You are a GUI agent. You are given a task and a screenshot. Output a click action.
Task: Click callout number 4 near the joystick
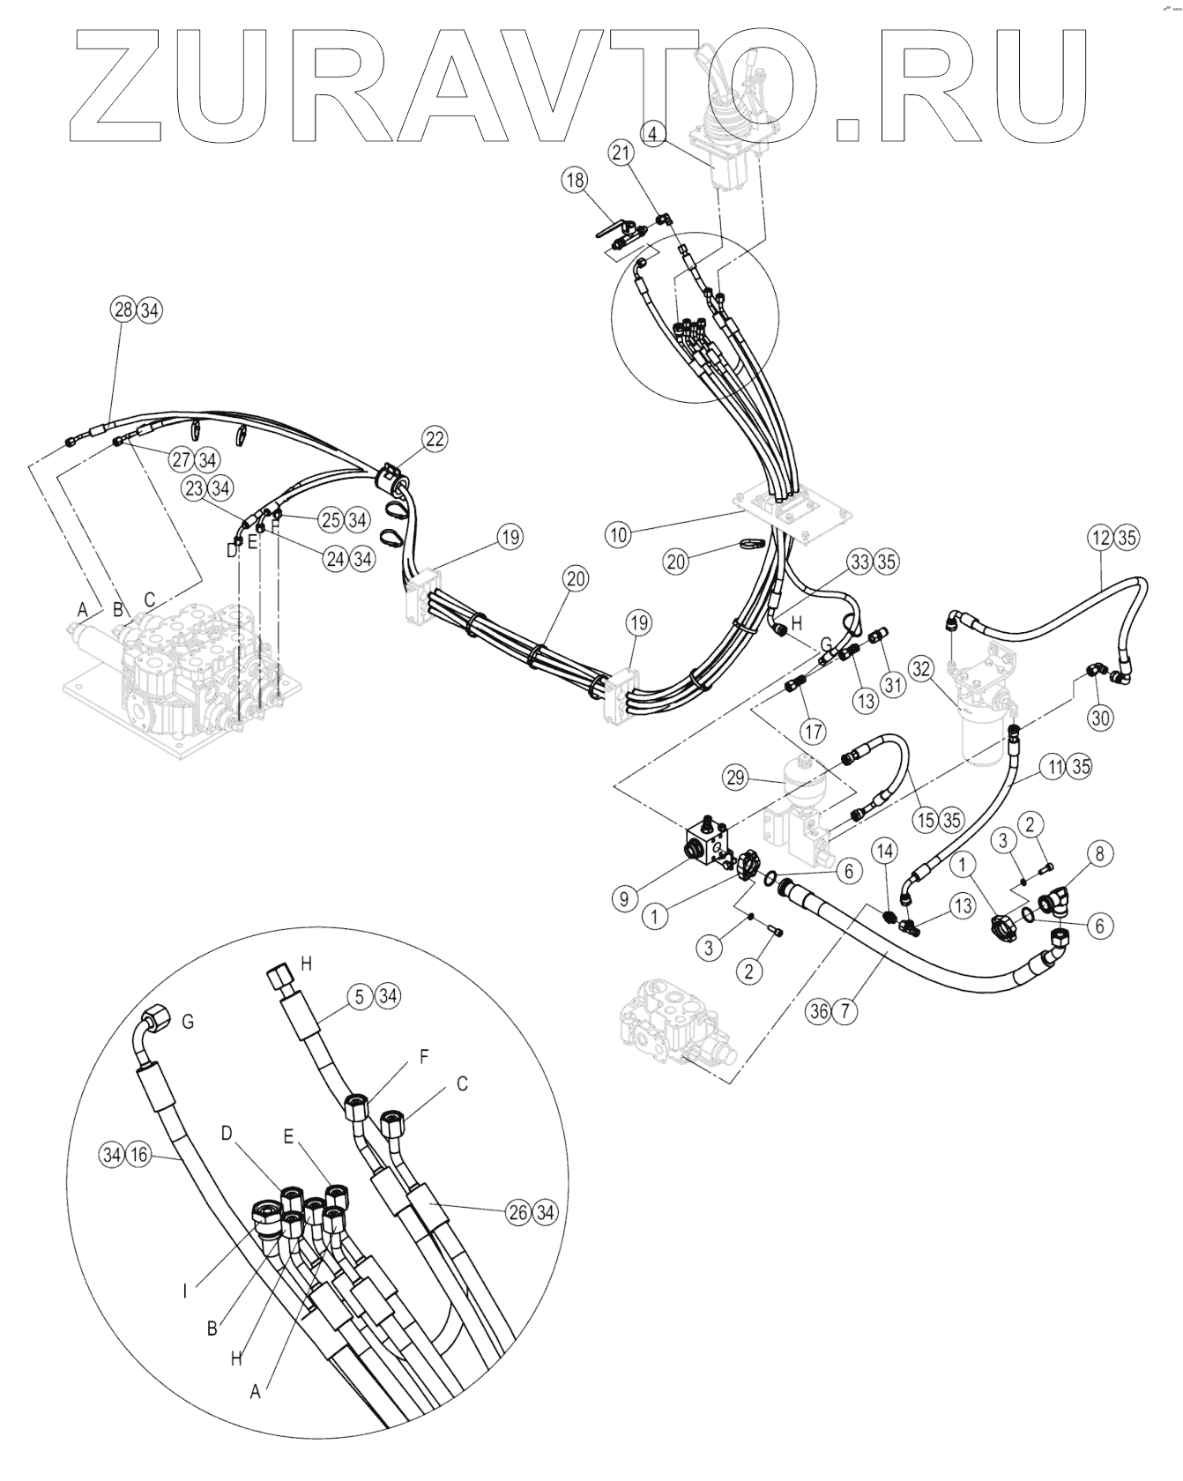click(x=652, y=134)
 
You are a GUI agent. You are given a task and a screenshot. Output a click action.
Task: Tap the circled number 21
click(x=645, y=153)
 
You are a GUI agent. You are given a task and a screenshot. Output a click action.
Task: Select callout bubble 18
click(x=575, y=181)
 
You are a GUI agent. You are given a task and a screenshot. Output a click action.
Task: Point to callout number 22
click(x=434, y=438)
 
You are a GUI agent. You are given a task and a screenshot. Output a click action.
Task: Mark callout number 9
click(x=624, y=899)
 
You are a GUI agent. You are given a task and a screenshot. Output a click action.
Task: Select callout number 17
click(x=812, y=730)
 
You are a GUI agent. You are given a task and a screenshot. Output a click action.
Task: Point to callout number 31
click(x=895, y=684)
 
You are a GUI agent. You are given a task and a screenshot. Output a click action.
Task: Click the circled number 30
click(x=1099, y=718)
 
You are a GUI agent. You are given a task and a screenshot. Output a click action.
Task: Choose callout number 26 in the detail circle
click(x=518, y=1213)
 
